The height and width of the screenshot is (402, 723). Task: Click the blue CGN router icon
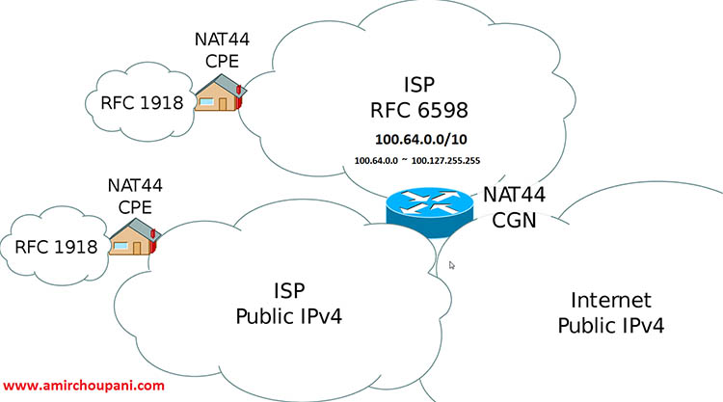click(x=430, y=212)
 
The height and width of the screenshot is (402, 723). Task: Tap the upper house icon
click(x=219, y=94)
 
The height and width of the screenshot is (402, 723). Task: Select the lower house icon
click(x=134, y=237)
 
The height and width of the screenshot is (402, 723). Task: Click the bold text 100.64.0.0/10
click(x=421, y=139)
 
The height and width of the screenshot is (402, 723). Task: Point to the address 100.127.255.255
click(x=445, y=161)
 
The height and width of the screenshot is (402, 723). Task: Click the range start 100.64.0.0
click(x=376, y=161)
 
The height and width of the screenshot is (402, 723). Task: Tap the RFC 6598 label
click(x=419, y=110)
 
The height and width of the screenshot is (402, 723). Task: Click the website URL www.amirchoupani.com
click(x=84, y=386)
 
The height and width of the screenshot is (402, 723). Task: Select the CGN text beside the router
click(x=514, y=220)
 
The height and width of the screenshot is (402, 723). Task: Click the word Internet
click(x=611, y=300)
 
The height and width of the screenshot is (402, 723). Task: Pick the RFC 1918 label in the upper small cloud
click(x=142, y=102)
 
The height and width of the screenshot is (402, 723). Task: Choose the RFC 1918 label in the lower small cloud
click(x=56, y=247)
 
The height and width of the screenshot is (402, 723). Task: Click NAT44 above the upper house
click(x=222, y=40)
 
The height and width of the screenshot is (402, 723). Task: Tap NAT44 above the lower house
click(x=135, y=185)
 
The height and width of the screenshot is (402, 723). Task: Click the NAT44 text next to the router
click(x=514, y=195)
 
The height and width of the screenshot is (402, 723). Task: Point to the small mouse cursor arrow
click(x=451, y=265)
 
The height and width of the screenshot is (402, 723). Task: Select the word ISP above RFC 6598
click(x=419, y=85)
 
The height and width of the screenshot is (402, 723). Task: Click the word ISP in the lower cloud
click(x=289, y=291)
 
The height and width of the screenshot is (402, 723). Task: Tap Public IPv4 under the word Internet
click(x=611, y=326)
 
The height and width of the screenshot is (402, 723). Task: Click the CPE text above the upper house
click(x=222, y=61)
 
